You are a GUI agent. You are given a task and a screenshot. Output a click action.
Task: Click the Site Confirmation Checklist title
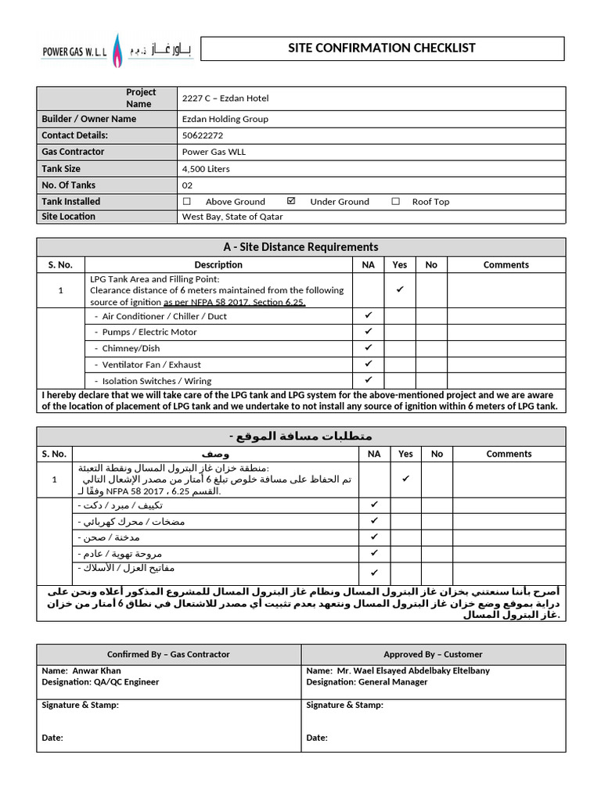382,48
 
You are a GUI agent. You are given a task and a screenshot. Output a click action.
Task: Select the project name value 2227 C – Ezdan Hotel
225,98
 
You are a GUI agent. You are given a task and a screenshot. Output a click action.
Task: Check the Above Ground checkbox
186,201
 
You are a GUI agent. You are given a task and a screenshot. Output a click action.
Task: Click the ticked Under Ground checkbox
291,201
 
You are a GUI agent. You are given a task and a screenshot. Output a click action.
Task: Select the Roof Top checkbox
395,201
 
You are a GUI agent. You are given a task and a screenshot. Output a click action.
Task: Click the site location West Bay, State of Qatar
232,217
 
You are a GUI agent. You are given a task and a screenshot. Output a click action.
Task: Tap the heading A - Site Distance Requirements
301,247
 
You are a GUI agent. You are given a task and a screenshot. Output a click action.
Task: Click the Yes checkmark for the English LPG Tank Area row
400,289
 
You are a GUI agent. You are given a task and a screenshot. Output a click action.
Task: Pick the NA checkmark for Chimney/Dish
369,347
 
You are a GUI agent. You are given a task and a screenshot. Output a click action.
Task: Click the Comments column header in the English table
506,264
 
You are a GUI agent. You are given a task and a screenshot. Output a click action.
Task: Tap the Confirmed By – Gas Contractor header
168,654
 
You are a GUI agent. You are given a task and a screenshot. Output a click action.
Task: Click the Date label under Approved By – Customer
317,738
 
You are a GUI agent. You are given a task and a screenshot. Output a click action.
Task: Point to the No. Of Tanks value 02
187,185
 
